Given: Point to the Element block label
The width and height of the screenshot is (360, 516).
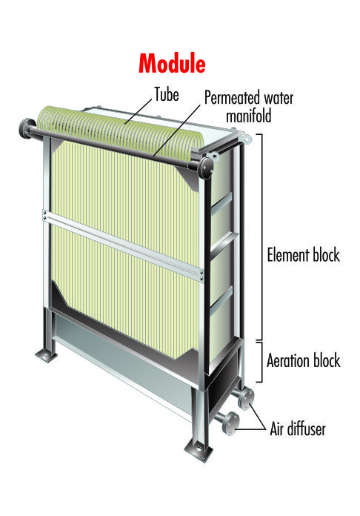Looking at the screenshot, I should click(x=303, y=255).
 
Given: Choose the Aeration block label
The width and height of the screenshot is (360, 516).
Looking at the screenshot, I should click(x=303, y=360).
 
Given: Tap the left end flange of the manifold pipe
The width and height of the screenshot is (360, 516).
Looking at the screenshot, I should click(x=24, y=129).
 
